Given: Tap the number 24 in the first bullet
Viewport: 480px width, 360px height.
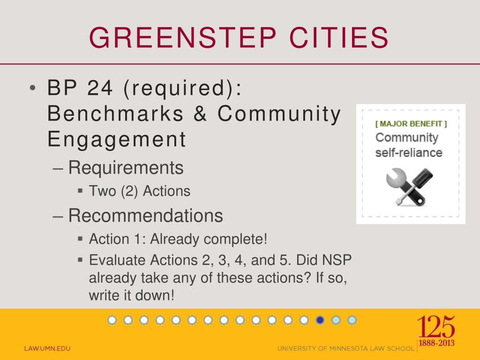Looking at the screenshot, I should [x=97, y=89].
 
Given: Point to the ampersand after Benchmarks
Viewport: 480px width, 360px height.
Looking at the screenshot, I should [x=200, y=114].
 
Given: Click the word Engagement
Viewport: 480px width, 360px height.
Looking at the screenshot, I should [x=117, y=139].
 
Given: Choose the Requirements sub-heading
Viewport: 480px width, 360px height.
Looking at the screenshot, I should [x=126, y=167].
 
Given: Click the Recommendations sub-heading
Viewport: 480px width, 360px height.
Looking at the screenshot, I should [x=145, y=216].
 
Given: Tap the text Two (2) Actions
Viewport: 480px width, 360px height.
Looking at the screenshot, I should [x=140, y=191].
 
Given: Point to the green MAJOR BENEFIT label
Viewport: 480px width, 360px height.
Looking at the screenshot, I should [x=411, y=124].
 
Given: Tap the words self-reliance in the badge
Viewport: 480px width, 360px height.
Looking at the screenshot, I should [x=409, y=153].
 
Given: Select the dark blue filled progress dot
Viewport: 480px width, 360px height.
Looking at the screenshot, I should [x=320, y=320].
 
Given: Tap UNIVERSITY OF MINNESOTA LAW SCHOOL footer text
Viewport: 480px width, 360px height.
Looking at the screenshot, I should [x=346, y=348].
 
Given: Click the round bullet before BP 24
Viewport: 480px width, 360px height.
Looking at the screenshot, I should [x=31, y=89].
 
